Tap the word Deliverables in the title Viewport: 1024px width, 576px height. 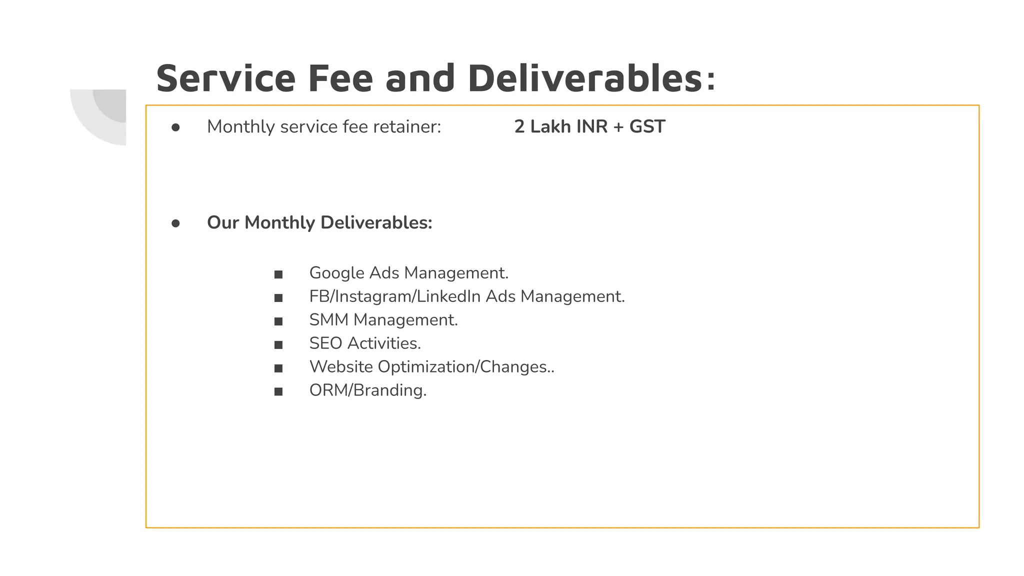pos(585,78)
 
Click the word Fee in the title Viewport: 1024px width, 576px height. pos(340,78)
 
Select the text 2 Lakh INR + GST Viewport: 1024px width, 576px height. pos(589,127)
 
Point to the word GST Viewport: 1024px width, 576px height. pos(647,127)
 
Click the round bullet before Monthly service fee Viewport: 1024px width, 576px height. pos(175,128)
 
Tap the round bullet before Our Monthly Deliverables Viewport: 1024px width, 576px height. pos(175,223)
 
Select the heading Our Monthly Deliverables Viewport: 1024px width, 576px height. pos(319,223)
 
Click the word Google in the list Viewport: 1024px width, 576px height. pos(336,273)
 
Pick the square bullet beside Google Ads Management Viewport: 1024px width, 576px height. pos(278,274)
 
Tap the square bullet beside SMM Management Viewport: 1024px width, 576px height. pos(278,321)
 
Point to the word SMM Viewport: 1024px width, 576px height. pos(328,320)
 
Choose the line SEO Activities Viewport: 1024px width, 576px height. pos(365,343)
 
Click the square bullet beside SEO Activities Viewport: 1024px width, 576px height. pos(278,345)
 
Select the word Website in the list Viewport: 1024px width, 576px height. pos(341,367)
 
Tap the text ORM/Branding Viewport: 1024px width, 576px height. pos(368,390)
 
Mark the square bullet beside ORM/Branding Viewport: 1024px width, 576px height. pos(278,392)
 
